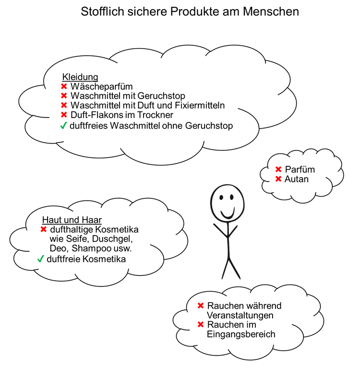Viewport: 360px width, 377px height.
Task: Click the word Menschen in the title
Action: pyautogui.click(x=271, y=12)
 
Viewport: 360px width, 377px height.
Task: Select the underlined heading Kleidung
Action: pyautogui.click(x=80, y=77)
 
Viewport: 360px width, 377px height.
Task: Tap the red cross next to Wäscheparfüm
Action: pyautogui.click(x=64, y=86)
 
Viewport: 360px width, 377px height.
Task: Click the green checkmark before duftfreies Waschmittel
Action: pyautogui.click(x=63, y=125)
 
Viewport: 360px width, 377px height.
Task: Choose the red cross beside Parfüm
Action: pyautogui.click(x=278, y=170)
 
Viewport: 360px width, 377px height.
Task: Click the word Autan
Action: pyautogui.click(x=297, y=179)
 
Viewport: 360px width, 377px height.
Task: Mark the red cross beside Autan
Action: pyautogui.click(x=278, y=179)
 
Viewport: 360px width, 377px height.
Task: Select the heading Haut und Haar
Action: pyautogui.click(x=72, y=220)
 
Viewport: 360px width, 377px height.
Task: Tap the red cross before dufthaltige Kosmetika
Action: pyautogui.click(x=44, y=230)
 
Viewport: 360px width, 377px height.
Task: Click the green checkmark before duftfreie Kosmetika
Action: pyautogui.click(x=40, y=259)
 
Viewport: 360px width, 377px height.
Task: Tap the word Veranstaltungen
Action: pyautogui.click(x=240, y=315)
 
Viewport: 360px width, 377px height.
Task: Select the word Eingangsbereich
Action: pyautogui.click(x=241, y=334)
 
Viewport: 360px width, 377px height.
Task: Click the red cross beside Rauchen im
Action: pyautogui.click(x=201, y=325)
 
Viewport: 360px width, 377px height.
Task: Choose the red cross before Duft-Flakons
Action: pyautogui.click(x=64, y=115)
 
